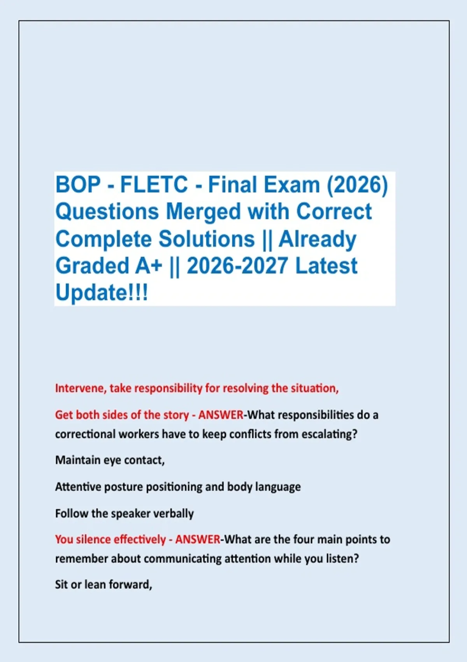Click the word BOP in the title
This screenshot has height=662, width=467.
(78, 184)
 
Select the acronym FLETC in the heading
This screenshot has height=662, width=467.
(154, 184)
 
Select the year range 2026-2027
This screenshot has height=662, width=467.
(237, 266)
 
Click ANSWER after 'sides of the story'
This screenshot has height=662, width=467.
(221, 415)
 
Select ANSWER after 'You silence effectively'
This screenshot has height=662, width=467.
(198, 540)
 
